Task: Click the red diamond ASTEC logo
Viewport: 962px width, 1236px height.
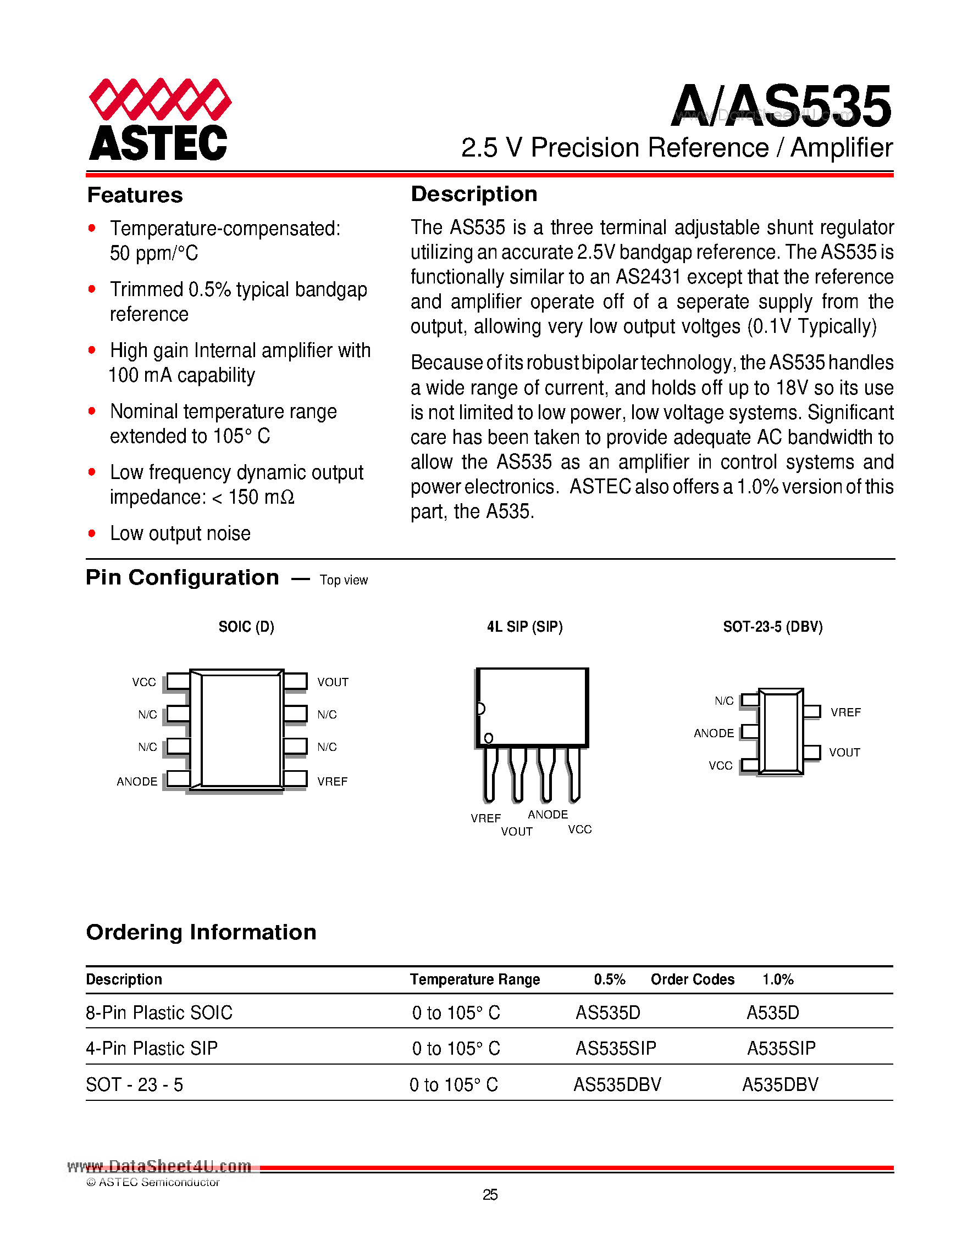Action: click(159, 118)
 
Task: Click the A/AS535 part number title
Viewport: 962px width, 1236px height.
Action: click(781, 106)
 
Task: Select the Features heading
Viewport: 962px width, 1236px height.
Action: click(135, 195)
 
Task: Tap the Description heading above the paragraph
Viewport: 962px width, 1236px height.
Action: click(474, 194)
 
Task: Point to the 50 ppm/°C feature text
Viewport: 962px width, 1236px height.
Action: click(154, 253)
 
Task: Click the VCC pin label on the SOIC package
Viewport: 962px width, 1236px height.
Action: click(144, 682)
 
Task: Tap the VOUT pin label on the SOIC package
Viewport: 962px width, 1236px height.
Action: click(333, 682)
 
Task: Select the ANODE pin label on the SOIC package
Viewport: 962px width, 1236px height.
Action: click(137, 782)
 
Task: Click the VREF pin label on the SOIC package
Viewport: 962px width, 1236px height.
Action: click(332, 782)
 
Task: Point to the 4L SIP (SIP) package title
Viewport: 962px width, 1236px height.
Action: click(524, 626)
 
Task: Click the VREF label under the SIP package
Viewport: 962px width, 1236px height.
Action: click(485, 819)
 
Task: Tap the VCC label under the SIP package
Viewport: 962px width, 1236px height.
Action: click(580, 829)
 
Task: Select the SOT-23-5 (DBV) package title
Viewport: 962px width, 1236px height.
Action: click(772, 626)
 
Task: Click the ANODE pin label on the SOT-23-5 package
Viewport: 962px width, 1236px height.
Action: click(714, 733)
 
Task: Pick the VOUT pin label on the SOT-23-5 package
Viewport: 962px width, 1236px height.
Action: click(844, 753)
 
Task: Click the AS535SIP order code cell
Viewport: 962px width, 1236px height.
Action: click(616, 1049)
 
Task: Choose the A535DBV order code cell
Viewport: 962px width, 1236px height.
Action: click(780, 1085)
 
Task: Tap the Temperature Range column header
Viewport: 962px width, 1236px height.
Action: click(474, 979)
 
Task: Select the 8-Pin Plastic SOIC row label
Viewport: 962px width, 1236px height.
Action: click(159, 1012)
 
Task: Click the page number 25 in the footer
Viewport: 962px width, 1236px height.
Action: click(490, 1195)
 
